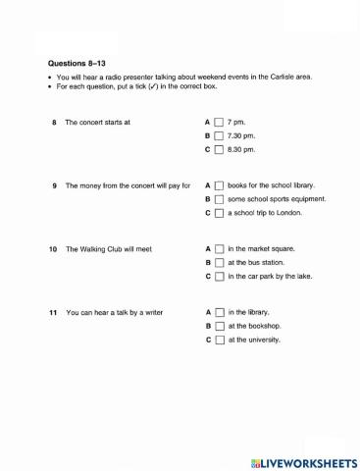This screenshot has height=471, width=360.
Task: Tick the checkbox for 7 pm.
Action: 219,122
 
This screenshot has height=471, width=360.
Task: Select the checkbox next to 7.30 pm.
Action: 219,135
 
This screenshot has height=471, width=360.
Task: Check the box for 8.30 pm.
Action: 219,149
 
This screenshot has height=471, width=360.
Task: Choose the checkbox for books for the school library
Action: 219,184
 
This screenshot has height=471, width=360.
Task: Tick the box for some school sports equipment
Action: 219,198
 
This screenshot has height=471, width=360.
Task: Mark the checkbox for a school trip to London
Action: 219,212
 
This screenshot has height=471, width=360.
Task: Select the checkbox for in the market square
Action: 219,248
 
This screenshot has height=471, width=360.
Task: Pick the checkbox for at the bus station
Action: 219,262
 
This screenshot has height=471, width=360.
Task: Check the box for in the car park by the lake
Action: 219,276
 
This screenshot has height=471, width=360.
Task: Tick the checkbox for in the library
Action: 219,311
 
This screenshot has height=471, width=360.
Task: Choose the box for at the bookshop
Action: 219,325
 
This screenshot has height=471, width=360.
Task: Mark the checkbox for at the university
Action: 219,340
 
